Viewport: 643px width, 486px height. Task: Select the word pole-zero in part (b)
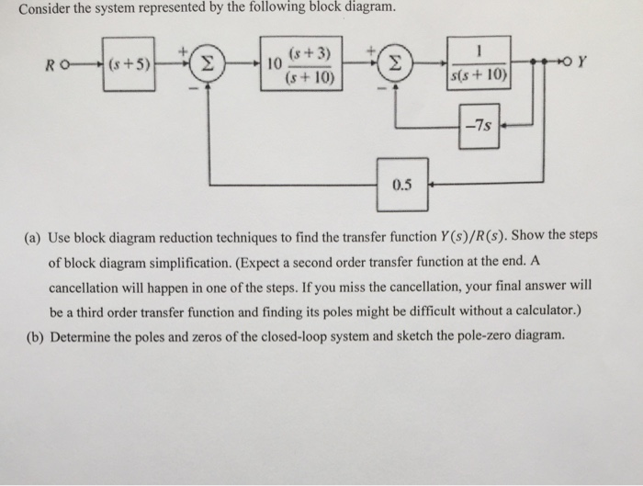(x=479, y=335)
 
